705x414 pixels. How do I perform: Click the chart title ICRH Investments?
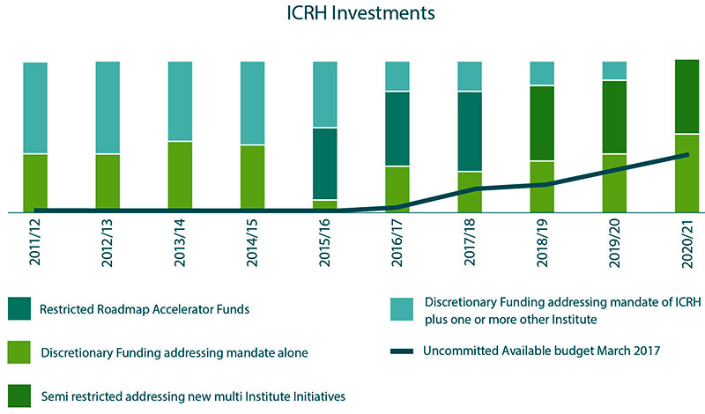tap(352, 15)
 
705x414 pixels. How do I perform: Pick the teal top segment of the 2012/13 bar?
tap(108, 107)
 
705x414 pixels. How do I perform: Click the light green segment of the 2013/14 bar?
tap(180, 176)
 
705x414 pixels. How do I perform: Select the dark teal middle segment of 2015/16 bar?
tap(324, 164)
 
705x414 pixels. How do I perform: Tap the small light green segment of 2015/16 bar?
tap(324, 206)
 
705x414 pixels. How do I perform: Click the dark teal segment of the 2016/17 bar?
tap(397, 129)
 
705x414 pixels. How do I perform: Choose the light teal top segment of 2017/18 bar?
tap(470, 76)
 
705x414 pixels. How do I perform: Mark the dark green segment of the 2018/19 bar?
tap(542, 123)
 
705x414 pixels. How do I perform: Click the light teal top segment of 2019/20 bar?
tap(614, 70)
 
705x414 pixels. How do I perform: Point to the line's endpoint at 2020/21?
tap(686, 155)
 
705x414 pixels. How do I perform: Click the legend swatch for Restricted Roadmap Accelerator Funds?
tap(19, 309)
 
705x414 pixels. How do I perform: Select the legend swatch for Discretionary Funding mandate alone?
tap(19, 351)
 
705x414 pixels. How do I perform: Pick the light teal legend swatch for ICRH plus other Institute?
tap(401, 309)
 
